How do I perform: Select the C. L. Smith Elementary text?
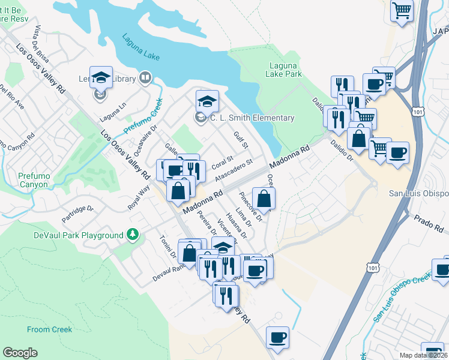pyautogui.click(x=252, y=118)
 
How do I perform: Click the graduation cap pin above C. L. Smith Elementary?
pyautogui.click(x=207, y=101)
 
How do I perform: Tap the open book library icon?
pyautogui.click(x=145, y=77)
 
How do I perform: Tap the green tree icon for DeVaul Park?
pyautogui.click(x=133, y=235)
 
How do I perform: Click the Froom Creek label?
pyautogui.click(x=49, y=329)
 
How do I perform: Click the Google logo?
pyautogui.click(x=20, y=353)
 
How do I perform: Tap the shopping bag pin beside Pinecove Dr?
pyautogui.click(x=264, y=198)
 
